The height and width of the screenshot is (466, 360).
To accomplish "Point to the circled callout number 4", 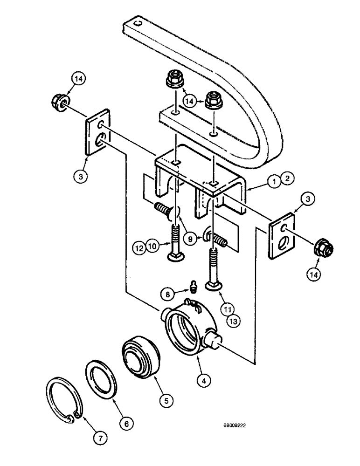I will point(201,380).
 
